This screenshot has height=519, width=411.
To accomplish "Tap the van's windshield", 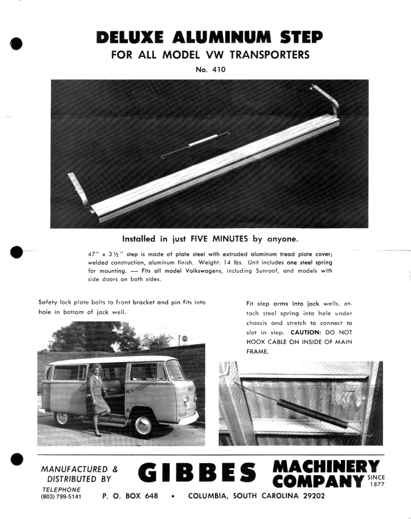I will point(175,371).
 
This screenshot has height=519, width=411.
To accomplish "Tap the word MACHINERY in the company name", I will point(326,466).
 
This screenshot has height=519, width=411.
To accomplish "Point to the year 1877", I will point(376,484).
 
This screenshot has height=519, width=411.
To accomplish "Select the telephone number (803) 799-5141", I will point(61,497).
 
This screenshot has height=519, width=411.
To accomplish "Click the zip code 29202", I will point(310,496).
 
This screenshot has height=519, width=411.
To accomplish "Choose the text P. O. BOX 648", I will point(130,496).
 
